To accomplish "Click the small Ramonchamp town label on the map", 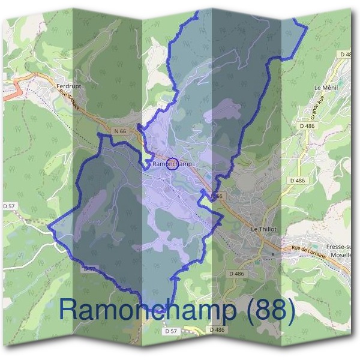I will [x=172, y=163].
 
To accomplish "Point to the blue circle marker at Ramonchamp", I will [x=172, y=163].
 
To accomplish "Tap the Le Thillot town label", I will [x=262, y=229].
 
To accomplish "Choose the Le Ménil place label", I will [x=325, y=88].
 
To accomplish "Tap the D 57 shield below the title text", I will [x=172, y=331].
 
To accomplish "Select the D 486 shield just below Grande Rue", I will [x=306, y=125].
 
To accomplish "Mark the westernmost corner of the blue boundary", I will [x=48, y=228].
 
